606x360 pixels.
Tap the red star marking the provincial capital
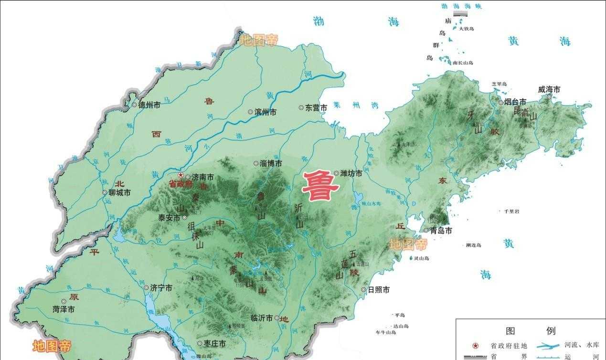point(181,176)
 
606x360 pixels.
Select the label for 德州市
point(149,106)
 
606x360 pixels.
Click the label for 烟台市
point(516,102)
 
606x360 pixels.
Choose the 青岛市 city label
point(441,231)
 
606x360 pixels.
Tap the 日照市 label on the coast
point(378,290)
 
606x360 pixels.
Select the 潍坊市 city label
point(351,173)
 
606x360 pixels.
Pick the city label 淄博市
point(271,163)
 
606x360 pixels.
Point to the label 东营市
point(316,108)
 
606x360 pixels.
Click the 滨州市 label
point(266,112)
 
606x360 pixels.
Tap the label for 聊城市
point(119,193)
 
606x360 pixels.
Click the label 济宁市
point(161,288)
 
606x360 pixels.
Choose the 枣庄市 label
point(214,344)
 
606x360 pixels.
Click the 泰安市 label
point(169,217)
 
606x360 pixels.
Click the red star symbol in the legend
point(475,345)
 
